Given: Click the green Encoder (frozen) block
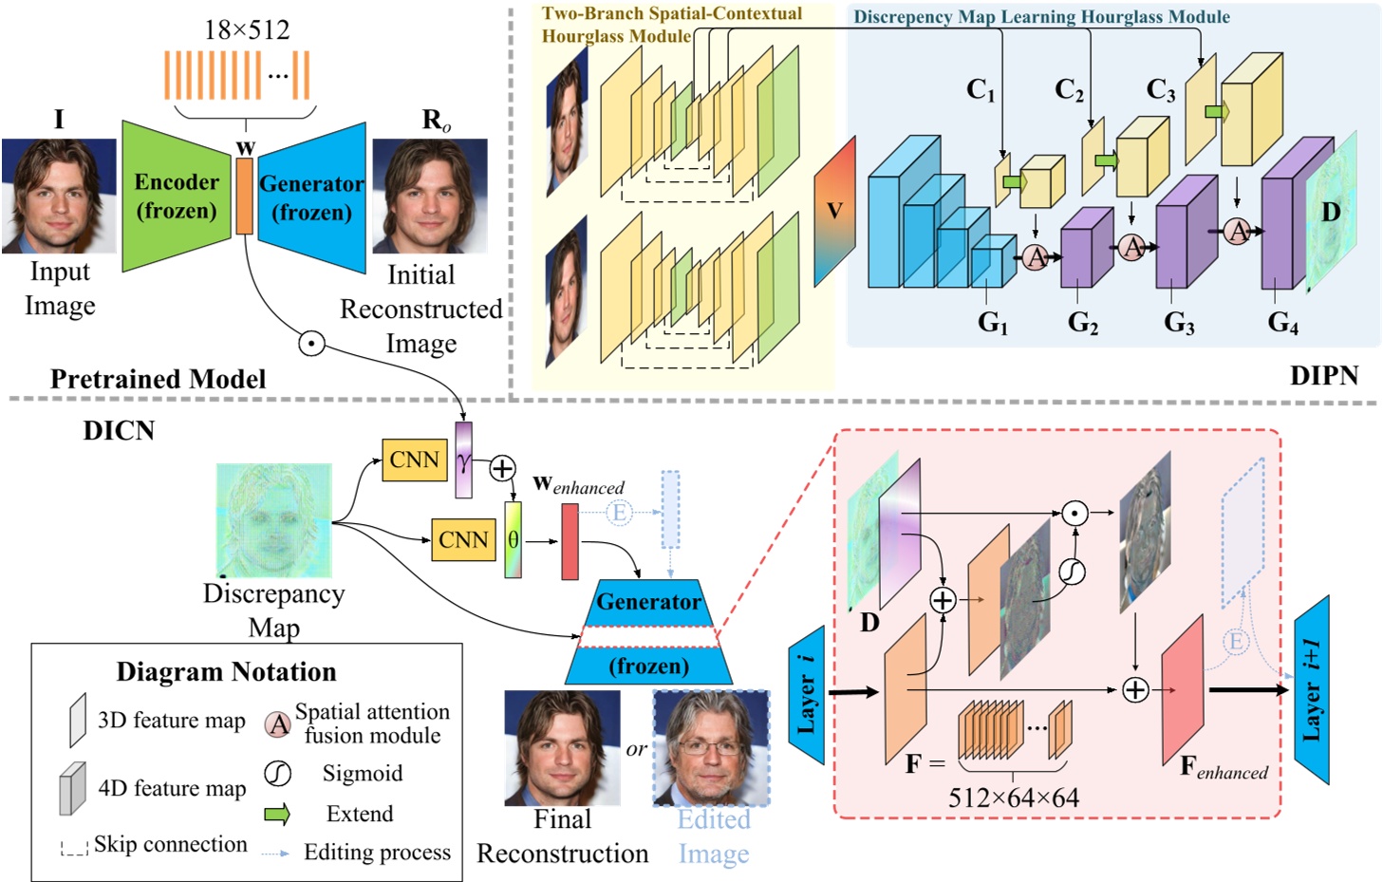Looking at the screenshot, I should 175,197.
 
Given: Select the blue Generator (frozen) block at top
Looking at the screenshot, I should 312,197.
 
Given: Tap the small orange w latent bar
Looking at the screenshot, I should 245,196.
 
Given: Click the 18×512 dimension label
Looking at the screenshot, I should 247,30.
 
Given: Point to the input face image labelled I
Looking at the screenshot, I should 59,196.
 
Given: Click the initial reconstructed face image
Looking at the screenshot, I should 429,196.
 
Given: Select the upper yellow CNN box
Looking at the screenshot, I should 414,460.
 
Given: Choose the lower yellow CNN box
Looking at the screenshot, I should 463,540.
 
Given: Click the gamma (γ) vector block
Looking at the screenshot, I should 463,460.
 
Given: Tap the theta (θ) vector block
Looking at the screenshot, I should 513,540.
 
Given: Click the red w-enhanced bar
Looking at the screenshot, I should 570,541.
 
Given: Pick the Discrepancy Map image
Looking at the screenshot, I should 273,520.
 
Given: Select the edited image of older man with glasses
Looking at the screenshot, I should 711,747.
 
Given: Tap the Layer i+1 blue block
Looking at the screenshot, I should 1312,690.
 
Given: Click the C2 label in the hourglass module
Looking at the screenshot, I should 1069,90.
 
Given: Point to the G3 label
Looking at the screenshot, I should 1179,324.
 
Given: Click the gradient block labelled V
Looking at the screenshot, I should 834,211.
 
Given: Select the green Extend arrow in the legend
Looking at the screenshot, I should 277,814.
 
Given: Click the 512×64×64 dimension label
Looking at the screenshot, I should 1014,798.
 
